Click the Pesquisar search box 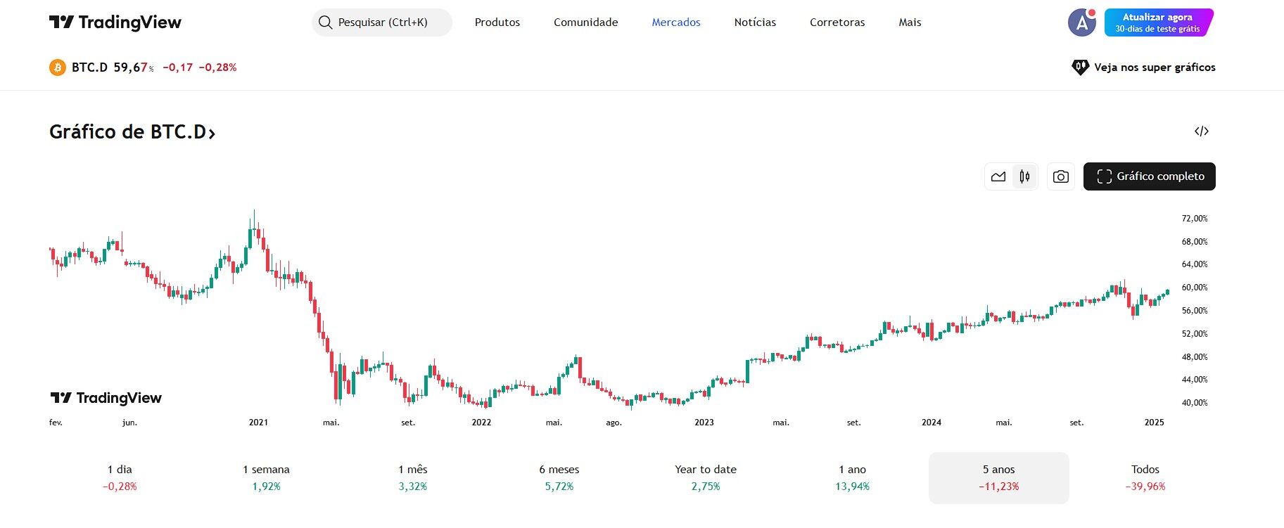tap(381, 22)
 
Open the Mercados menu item tap(675, 22)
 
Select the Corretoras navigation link tap(837, 22)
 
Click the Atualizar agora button tap(1158, 22)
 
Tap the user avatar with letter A tap(1081, 22)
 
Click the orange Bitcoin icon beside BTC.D tap(58, 67)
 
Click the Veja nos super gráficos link tap(1144, 67)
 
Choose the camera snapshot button tap(1060, 176)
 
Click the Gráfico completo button tap(1149, 176)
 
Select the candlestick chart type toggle tap(1024, 176)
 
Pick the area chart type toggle tap(998, 176)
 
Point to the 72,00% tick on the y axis tap(1194, 219)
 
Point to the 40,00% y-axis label tap(1194, 403)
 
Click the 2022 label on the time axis tap(481, 423)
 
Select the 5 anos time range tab tap(998, 477)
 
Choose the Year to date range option tap(705, 477)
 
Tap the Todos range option tap(1145, 477)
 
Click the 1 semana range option tap(266, 477)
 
